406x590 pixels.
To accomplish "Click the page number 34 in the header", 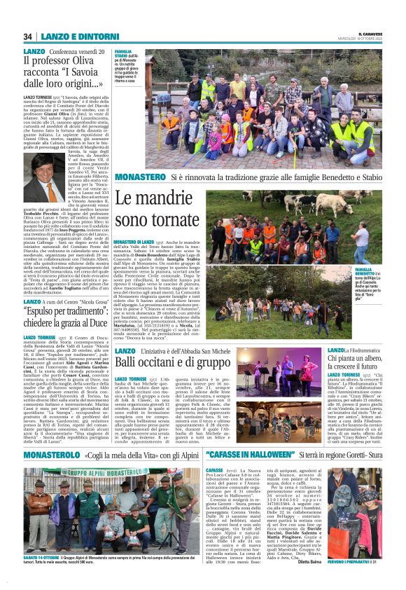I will click(27, 36).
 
